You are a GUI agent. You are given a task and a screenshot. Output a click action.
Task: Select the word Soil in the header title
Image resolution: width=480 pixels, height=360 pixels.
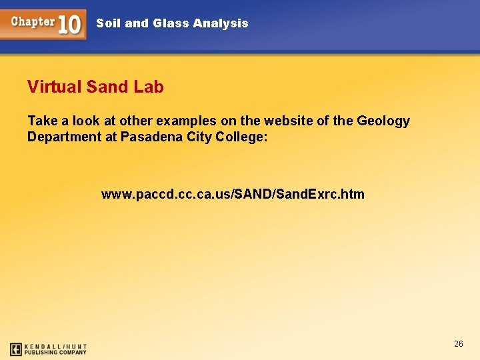(109, 23)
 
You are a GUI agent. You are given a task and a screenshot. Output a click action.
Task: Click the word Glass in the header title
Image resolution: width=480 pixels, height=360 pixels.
(171, 23)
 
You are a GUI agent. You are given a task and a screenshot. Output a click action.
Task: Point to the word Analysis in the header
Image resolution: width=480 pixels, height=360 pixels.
(220, 23)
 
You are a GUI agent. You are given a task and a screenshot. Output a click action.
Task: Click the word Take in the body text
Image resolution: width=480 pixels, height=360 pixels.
(43, 121)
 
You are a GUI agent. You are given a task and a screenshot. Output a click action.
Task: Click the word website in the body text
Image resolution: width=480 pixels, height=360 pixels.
(290, 121)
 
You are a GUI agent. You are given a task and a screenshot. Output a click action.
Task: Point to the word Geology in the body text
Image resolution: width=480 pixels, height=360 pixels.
(383, 121)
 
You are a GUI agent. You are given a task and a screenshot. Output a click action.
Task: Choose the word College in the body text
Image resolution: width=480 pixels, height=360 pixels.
(243, 137)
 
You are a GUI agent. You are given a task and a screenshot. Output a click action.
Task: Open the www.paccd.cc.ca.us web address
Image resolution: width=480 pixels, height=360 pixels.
(233, 194)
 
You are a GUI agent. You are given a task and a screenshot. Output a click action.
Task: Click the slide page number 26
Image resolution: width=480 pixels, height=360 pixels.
(459, 344)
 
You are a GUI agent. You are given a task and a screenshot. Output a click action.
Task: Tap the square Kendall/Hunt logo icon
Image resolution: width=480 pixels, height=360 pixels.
(16, 349)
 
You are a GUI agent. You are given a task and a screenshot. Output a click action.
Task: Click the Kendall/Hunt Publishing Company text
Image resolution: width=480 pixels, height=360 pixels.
(57, 349)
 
